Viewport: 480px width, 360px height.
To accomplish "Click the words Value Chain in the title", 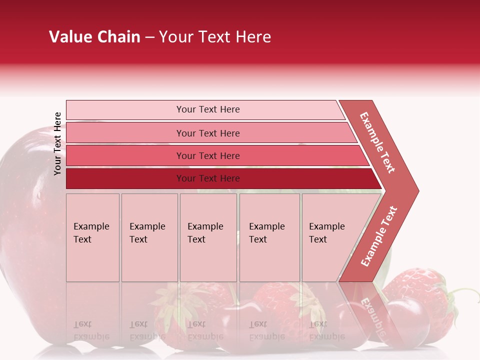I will click(x=94, y=37).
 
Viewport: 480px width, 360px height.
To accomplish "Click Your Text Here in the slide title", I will click(x=215, y=37).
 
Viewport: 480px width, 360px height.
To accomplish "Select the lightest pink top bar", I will click(x=205, y=109).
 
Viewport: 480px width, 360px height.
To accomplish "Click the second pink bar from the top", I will click(x=208, y=133).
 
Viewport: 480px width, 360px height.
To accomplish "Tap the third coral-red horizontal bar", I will click(x=208, y=155).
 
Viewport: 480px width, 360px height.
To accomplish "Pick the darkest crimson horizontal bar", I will click(x=208, y=178).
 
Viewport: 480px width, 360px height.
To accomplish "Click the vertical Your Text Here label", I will click(x=57, y=143).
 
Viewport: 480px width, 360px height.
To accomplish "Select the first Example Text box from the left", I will click(x=92, y=237).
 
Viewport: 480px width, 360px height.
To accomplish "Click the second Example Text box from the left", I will click(x=149, y=237).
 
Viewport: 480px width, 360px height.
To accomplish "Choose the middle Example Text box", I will click(x=208, y=237).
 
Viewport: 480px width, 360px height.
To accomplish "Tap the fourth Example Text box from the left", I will click(x=269, y=237).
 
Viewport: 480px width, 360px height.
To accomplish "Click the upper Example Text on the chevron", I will click(x=377, y=142).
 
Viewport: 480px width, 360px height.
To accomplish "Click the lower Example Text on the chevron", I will click(x=379, y=236).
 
